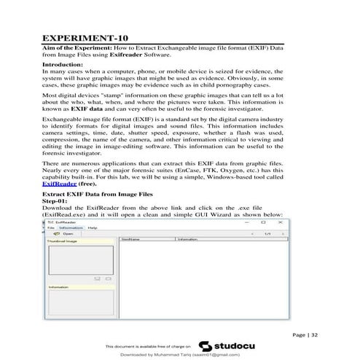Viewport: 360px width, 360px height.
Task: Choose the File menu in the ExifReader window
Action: (x=50, y=228)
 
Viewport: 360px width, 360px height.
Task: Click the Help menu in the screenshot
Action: (x=93, y=228)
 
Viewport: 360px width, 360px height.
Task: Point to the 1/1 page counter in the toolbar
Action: (x=267, y=233)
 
